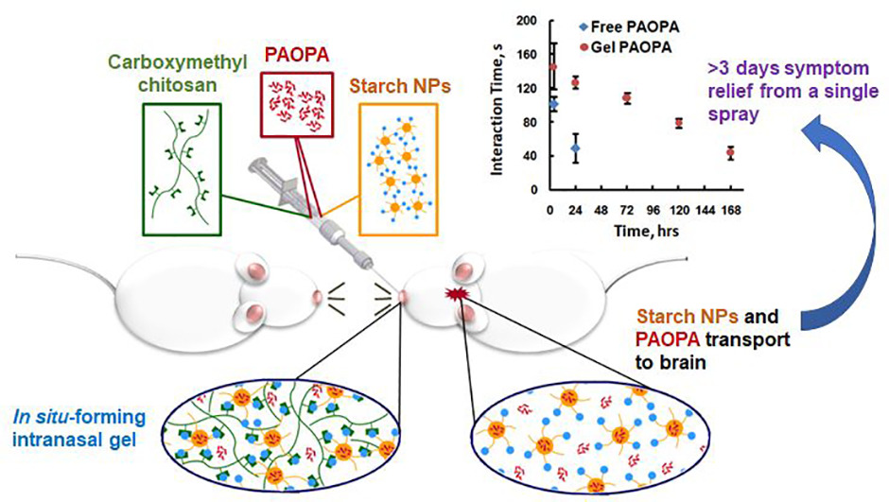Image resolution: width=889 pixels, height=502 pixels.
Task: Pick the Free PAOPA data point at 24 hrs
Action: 575,148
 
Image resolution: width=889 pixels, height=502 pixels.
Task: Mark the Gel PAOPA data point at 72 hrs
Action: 626,98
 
